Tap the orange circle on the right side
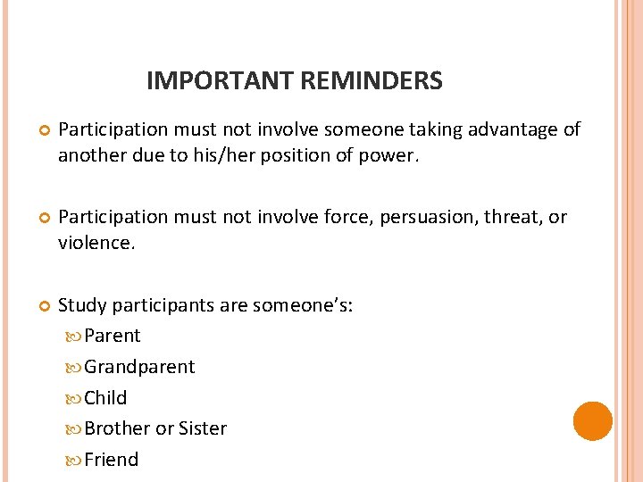pyautogui.click(x=592, y=421)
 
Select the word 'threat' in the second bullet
pyautogui.click(x=517, y=218)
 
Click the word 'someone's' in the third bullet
pyautogui.click(x=303, y=305)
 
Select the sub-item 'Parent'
pyautogui.click(x=113, y=336)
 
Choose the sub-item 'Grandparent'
pyautogui.click(x=139, y=367)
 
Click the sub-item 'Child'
pyautogui.click(x=105, y=398)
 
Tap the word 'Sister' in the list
pyautogui.click(x=204, y=428)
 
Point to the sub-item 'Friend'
pyautogui.click(x=112, y=460)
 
